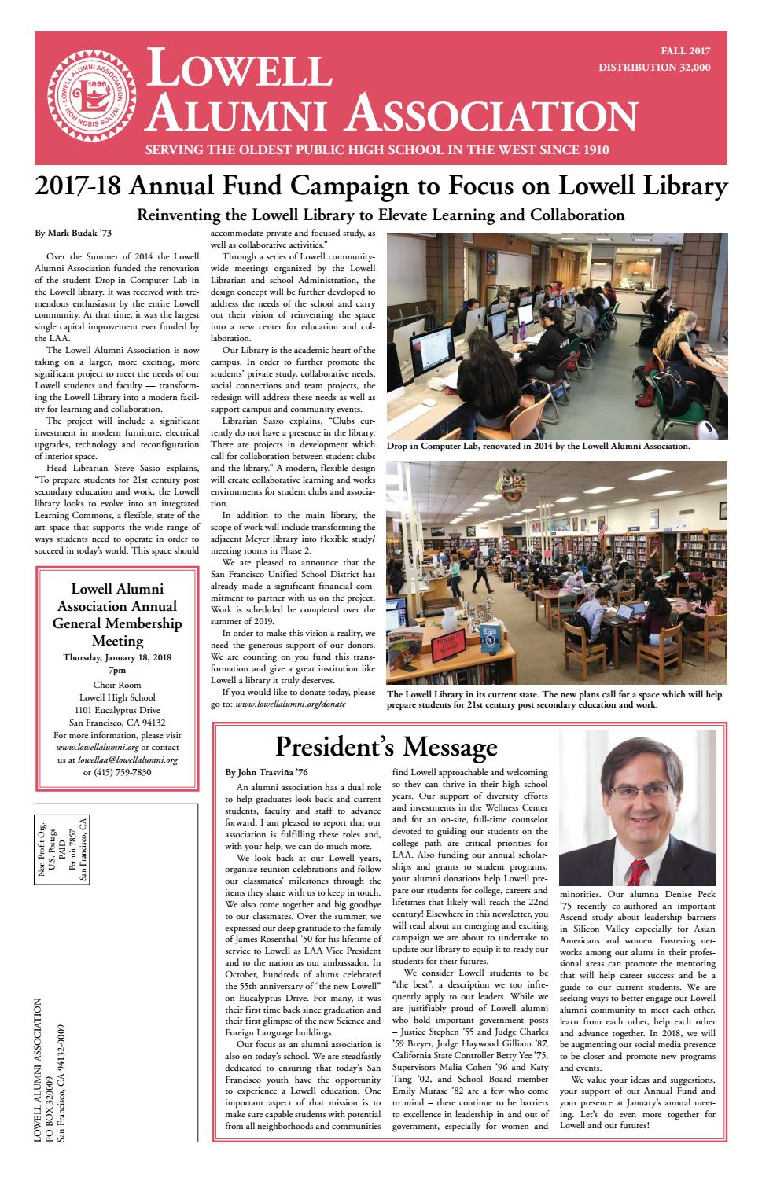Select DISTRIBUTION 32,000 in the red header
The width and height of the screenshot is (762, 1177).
[x=654, y=68]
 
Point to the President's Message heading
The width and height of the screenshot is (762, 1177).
[x=386, y=746]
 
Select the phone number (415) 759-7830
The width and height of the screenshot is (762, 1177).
[x=116, y=772]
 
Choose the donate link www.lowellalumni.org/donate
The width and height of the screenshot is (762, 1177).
[x=290, y=704]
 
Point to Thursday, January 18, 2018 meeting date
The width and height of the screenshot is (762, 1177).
[x=117, y=657]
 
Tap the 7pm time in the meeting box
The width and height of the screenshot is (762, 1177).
[x=117, y=671]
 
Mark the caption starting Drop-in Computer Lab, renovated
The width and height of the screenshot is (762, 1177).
[x=538, y=447]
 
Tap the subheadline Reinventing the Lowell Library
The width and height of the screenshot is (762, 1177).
[x=381, y=215]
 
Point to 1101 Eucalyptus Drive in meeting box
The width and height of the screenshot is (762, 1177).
[x=117, y=710]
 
